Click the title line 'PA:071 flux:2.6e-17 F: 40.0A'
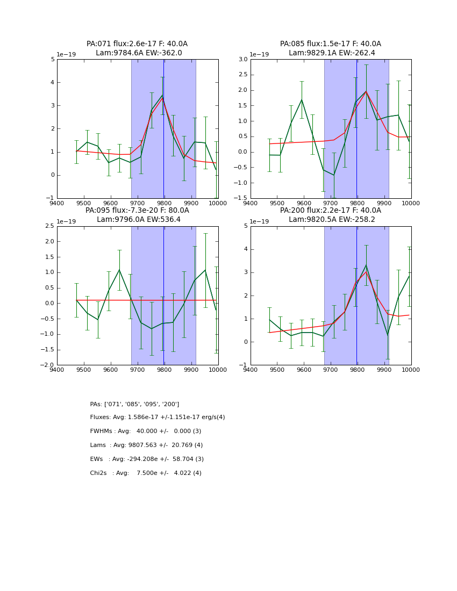[137, 44]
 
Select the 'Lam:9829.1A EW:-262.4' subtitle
[330, 53]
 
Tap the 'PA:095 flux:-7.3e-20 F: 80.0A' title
[137, 211]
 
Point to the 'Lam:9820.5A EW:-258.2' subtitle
[330, 219]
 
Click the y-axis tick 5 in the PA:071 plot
[52, 60]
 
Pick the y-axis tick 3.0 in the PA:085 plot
[242, 60]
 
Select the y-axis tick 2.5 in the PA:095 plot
[49, 226]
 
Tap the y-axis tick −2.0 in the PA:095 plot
[47, 365]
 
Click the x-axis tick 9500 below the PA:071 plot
[84, 203]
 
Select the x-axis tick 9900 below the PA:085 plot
[384, 203]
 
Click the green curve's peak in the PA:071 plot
[162, 95]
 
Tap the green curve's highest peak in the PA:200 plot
[366, 264]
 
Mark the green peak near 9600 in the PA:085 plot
[302, 99]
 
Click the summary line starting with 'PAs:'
[134, 404]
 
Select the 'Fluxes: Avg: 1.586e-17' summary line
[157, 417]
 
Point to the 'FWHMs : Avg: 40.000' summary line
[145, 431]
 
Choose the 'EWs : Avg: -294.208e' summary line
[146, 459]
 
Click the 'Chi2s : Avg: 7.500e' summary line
[145, 473]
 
